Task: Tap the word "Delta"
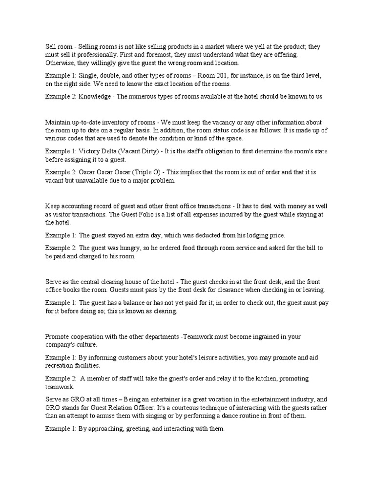tap(112, 151)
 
